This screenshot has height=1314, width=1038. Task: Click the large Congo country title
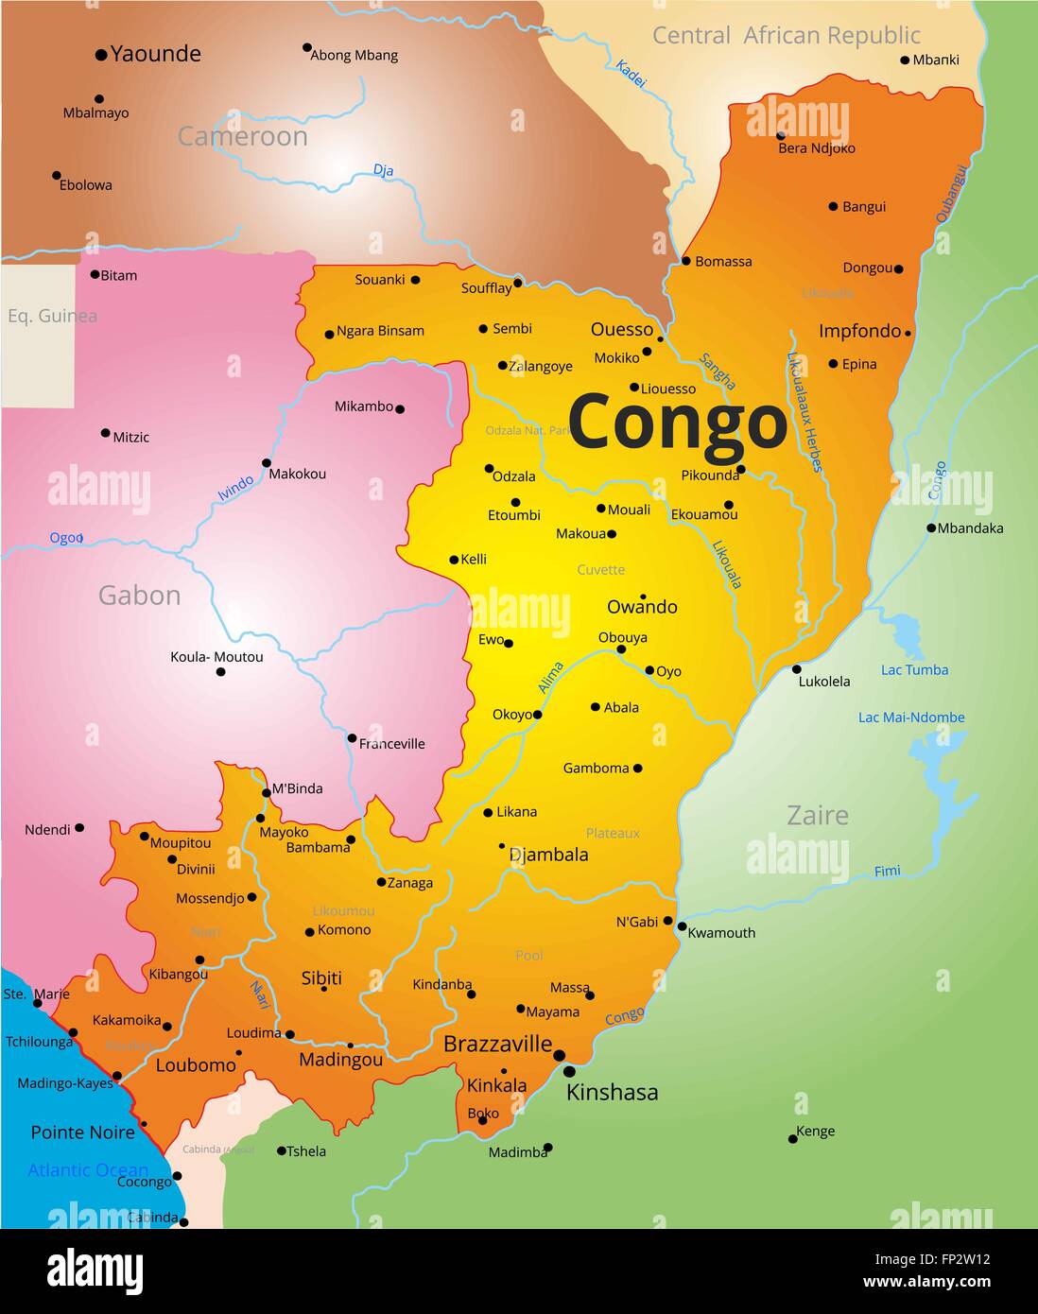[677, 423]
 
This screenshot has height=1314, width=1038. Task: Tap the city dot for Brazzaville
[560, 1055]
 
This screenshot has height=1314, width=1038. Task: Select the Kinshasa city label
[612, 1093]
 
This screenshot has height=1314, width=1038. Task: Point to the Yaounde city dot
[101, 56]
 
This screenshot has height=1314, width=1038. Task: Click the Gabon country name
[139, 596]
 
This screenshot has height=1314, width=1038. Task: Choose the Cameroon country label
[243, 137]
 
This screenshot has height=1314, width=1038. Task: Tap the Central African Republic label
[786, 36]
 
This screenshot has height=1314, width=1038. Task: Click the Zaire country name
[818, 815]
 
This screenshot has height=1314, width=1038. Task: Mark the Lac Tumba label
[914, 670]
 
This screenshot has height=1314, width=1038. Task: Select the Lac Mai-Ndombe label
[911, 718]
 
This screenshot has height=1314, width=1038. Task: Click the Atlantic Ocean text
[88, 1170]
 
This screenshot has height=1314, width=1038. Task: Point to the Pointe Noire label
[83, 1132]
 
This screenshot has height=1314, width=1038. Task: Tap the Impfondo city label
[859, 331]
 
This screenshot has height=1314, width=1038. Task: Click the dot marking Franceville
[352, 738]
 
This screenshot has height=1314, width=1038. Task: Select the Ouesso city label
[622, 329]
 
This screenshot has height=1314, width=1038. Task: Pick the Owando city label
[642, 607]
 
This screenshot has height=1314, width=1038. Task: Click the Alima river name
[551, 678]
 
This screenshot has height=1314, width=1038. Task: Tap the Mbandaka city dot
[931, 528]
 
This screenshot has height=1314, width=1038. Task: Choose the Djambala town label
[548, 855]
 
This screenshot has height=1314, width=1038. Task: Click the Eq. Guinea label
[52, 316]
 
